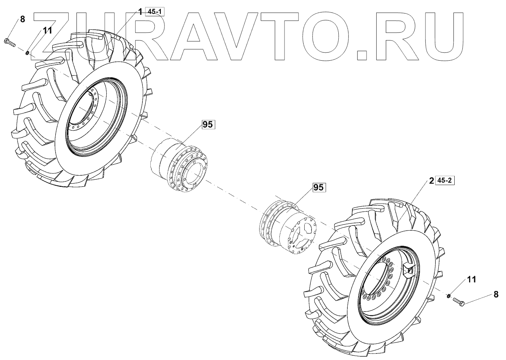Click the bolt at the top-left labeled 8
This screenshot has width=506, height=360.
(10, 43)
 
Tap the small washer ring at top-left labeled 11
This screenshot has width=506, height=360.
(27, 53)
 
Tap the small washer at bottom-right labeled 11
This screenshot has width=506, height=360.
(448, 296)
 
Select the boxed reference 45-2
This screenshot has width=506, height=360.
(445, 180)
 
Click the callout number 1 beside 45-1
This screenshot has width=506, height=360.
(140, 12)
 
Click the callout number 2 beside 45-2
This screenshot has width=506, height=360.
(431, 180)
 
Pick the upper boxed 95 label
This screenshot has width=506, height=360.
(207, 125)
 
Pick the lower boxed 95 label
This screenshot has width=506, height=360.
(318, 188)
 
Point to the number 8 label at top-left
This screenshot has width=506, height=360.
(22, 19)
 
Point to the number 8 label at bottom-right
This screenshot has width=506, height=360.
(496, 295)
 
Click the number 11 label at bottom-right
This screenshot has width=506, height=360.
(472, 279)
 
